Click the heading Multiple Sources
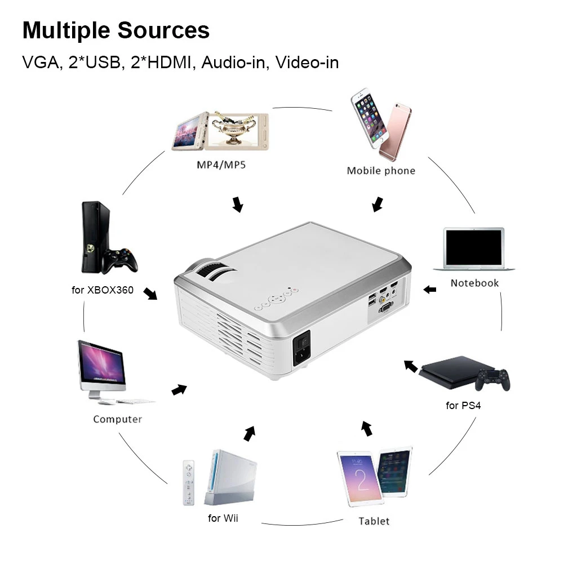(x=116, y=30)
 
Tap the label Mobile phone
(x=381, y=171)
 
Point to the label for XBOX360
(x=103, y=290)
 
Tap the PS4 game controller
(x=492, y=378)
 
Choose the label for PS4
(x=463, y=406)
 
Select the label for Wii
(x=223, y=518)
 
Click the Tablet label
(x=374, y=521)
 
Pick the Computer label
(x=117, y=419)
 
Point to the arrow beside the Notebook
(x=430, y=290)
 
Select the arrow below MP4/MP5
(x=238, y=205)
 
